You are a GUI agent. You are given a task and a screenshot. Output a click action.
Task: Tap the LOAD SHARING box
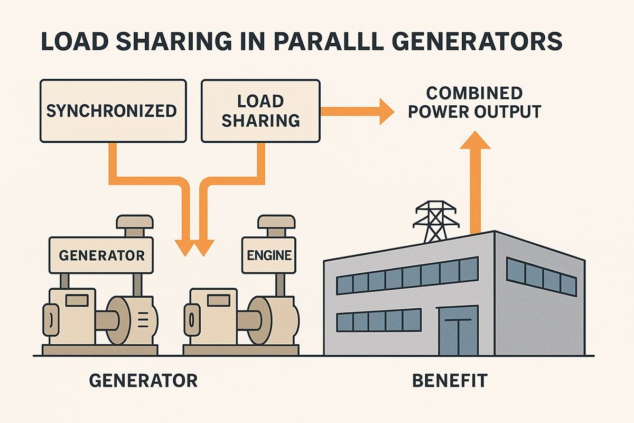point(260,111)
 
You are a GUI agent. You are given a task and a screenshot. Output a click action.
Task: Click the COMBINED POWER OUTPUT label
point(474,103)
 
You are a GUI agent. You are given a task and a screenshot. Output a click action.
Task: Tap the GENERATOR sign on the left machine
point(101,255)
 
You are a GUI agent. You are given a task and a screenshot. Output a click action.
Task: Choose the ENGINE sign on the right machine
point(268,255)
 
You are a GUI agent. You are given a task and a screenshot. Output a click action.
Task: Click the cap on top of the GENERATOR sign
point(132,225)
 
